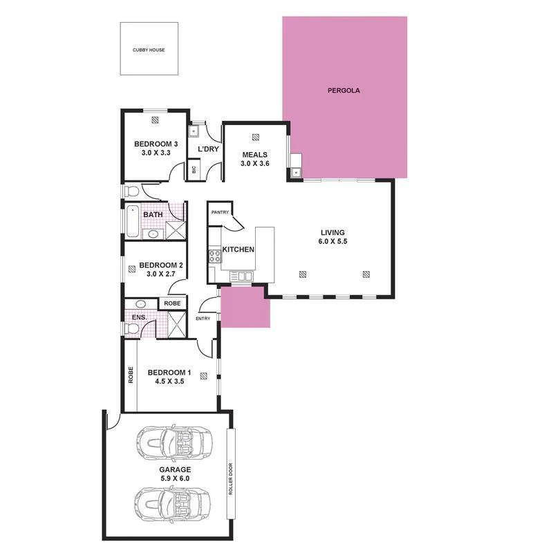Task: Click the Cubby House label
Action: coord(149,50)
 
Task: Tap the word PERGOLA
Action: coord(344,91)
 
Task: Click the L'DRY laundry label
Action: coord(208,149)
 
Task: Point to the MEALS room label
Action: coord(254,154)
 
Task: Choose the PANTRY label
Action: coord(220,212)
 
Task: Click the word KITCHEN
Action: coord(238,250)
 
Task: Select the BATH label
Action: coord(153,215)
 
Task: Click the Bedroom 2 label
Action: coord(160,265)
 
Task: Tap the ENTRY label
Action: coord(203,319)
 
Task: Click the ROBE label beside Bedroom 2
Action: coord(173,303)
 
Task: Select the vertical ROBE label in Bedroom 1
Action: coord(131,375)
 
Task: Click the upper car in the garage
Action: coord(173,443)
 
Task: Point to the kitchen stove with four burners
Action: coord(214,257)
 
